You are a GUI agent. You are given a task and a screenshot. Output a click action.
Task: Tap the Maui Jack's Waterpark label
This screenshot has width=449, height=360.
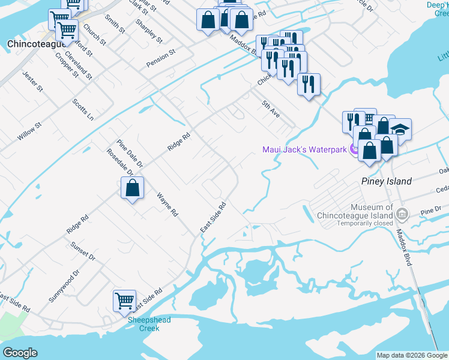tap(304, 149)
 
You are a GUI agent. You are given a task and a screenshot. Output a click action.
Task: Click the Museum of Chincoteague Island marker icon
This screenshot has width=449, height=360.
tap(402, 214)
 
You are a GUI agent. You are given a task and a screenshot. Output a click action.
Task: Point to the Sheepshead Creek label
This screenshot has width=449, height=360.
tap(149, 324)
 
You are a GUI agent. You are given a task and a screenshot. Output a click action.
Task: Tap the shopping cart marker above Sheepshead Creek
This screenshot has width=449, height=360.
tap(124, 300)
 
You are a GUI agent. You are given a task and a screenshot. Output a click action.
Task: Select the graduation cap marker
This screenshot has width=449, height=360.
tap(400, 128)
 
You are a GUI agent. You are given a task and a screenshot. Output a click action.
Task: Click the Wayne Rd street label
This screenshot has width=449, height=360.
tap(167, 205)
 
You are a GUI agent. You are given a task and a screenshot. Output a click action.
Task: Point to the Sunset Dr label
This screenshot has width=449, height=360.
tap(83, 251)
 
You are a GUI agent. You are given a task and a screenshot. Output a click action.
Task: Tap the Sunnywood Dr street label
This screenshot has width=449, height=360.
tap(64, 286)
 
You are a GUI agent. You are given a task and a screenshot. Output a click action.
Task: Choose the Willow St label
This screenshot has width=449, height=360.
tap(29, 131)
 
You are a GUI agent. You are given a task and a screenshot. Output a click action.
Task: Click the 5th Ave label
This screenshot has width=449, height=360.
tap(271, 109)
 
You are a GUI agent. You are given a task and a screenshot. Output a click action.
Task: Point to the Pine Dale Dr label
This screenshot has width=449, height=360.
tap(130, 153)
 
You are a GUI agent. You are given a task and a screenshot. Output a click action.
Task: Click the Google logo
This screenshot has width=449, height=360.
tap(20, 353)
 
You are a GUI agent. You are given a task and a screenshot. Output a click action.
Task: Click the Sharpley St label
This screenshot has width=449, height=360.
tap(149, 31)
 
